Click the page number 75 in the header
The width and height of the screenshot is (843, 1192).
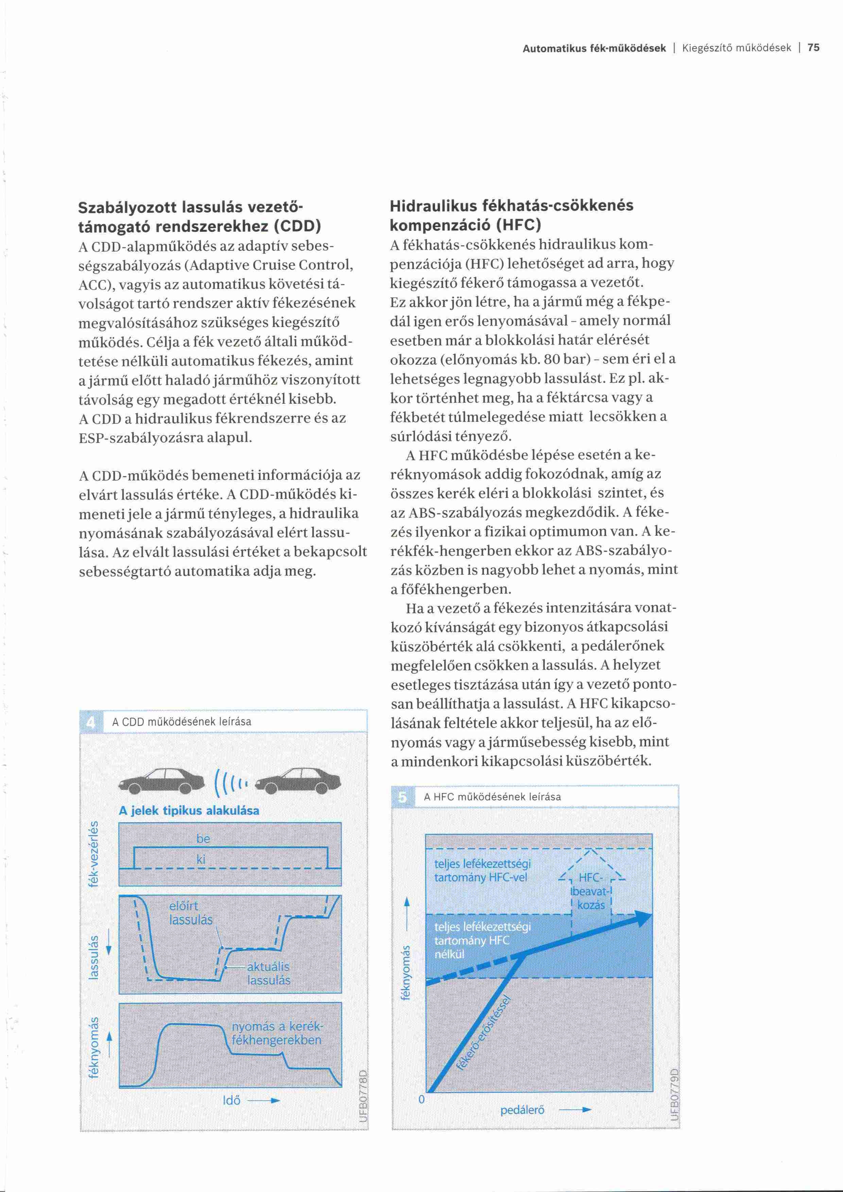point(813,48)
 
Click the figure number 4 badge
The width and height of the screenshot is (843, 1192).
point(91,722)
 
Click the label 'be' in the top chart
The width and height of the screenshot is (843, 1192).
point(203,839)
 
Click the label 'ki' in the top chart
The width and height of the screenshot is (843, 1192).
point(201,859)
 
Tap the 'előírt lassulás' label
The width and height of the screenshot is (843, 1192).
point(190,913)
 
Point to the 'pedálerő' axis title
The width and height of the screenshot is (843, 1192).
point(522,1110)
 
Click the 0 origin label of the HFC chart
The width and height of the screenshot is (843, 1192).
point(421,1100)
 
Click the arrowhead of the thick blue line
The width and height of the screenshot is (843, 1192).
point(644,918)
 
